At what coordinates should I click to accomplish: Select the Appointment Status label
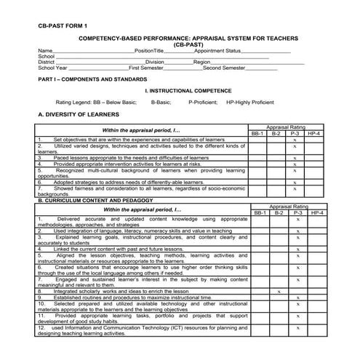point(207,51)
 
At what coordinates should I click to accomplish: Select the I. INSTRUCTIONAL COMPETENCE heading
point(188,91)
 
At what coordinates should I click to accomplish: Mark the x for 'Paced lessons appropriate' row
point(295,157)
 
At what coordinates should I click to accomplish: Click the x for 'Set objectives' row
point(295,140)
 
